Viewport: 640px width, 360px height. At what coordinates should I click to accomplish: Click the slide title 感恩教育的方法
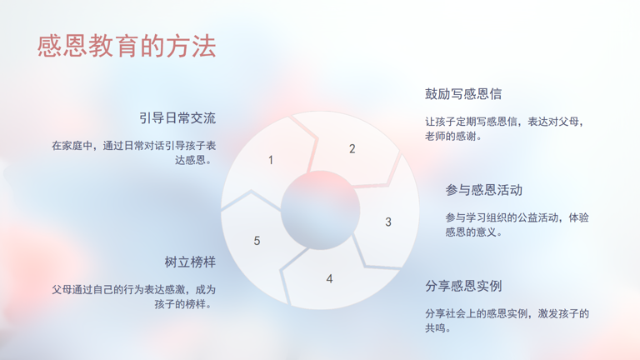pyautogui.click(x=127, y=46)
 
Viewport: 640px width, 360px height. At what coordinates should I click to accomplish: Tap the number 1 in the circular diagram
pyautogui.click(x=271, y=160)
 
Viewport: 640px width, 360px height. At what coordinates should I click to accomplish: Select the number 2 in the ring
pyautogui.click(x=352, y=149)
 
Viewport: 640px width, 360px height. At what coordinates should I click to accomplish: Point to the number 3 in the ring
pyautogui.click(x=388, y=222)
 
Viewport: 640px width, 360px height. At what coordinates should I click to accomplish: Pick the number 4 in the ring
pyautogui.click(x=329, y=279)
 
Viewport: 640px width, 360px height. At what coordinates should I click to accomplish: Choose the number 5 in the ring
pyautogui.click(x=257, y=241)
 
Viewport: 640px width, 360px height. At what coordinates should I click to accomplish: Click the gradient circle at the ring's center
pyautogui.click(x=320, y=210)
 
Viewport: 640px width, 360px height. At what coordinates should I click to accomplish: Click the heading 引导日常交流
pyautogui.click(x=177, y=118)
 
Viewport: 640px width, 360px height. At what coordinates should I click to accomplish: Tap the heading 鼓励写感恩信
pyautogui.click(x=463, y=94)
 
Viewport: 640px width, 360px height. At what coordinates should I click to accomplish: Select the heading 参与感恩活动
pyautogui.click(x=483, y=190)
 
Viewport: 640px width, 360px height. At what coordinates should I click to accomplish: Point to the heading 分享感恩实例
pyautogui.click(x=463, y=286)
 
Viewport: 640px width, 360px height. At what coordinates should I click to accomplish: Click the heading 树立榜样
pyautogui.click(x=190, y=262)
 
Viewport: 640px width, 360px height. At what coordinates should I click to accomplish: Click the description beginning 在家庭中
pyautogui.click(x=134, y=152)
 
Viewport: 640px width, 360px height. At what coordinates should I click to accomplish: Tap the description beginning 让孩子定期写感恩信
pyautogui.click(x=505, y=128)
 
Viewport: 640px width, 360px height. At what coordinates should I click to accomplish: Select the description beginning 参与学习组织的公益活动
pyautogui.click(x=517, y=224)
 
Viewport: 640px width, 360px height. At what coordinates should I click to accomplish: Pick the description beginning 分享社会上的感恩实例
pyautogui.click(x=507, y=320)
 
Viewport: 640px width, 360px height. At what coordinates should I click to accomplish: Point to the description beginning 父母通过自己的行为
pyautogui.click(x=134, y=297)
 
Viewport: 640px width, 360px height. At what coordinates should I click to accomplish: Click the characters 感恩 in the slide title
pyautogui.click(x=62, y=46)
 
